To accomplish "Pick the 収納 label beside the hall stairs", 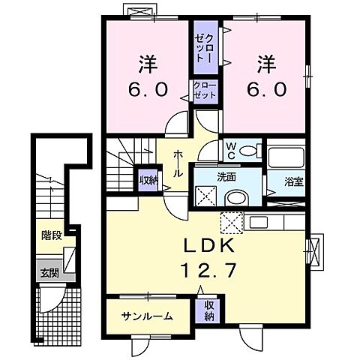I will (x=148, y=180).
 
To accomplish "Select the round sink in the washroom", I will (x=235, y=197).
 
